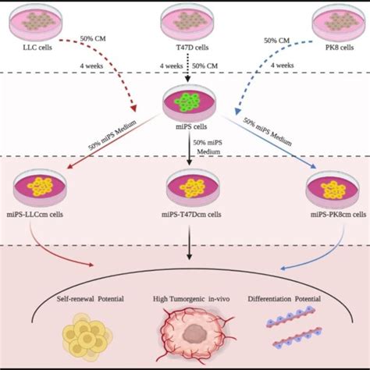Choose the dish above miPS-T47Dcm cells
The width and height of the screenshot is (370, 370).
coord(186,187)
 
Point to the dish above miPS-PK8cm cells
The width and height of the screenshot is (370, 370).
coord(335,188)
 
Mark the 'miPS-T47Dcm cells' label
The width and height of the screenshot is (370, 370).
coord(186,214)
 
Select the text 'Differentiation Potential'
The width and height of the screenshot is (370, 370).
coord(282,300)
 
